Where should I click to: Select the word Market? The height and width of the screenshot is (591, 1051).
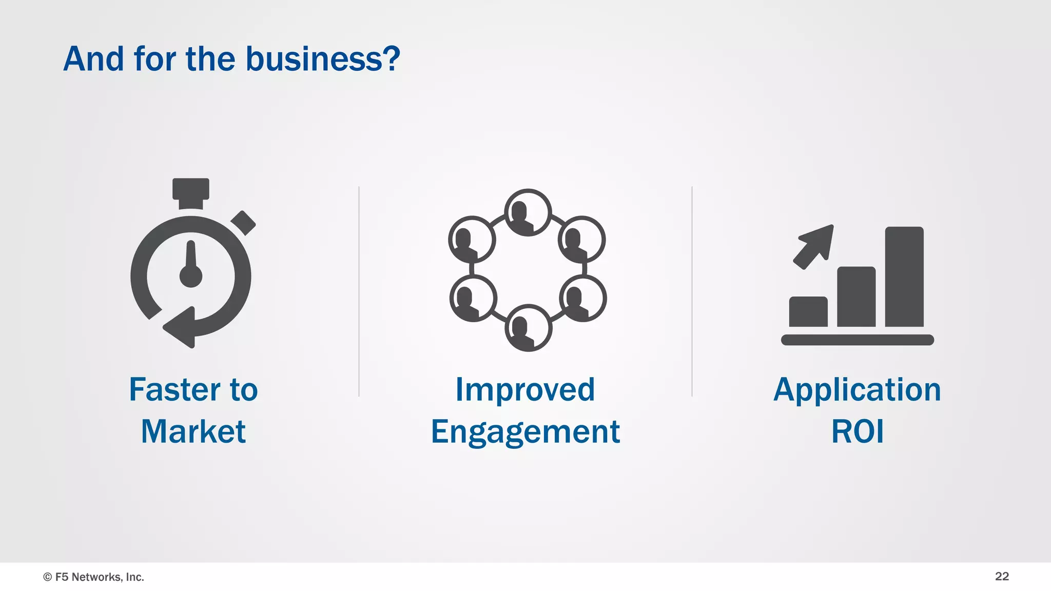[193, 431]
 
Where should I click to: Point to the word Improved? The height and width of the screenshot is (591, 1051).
[525, 389]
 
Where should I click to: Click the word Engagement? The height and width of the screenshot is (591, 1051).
[525, 432]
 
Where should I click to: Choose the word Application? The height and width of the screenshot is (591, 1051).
[857, 389]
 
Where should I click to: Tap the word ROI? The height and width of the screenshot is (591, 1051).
[857, 431]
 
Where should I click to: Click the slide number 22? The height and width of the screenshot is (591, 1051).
[1002, 576]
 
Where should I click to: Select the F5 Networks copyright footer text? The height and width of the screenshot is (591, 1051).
[94, 577]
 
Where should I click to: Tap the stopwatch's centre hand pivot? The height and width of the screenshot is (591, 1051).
[191, 276]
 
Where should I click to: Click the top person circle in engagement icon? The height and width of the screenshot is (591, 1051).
[528, 212]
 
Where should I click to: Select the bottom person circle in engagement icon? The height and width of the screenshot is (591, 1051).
[528, 328]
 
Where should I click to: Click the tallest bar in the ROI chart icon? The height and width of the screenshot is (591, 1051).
[904, 277]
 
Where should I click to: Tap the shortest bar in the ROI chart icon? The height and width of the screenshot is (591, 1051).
[808, 311]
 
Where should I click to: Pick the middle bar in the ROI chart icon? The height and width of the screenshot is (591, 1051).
[856, 297]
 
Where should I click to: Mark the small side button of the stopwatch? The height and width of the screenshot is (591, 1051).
[243, 223]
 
